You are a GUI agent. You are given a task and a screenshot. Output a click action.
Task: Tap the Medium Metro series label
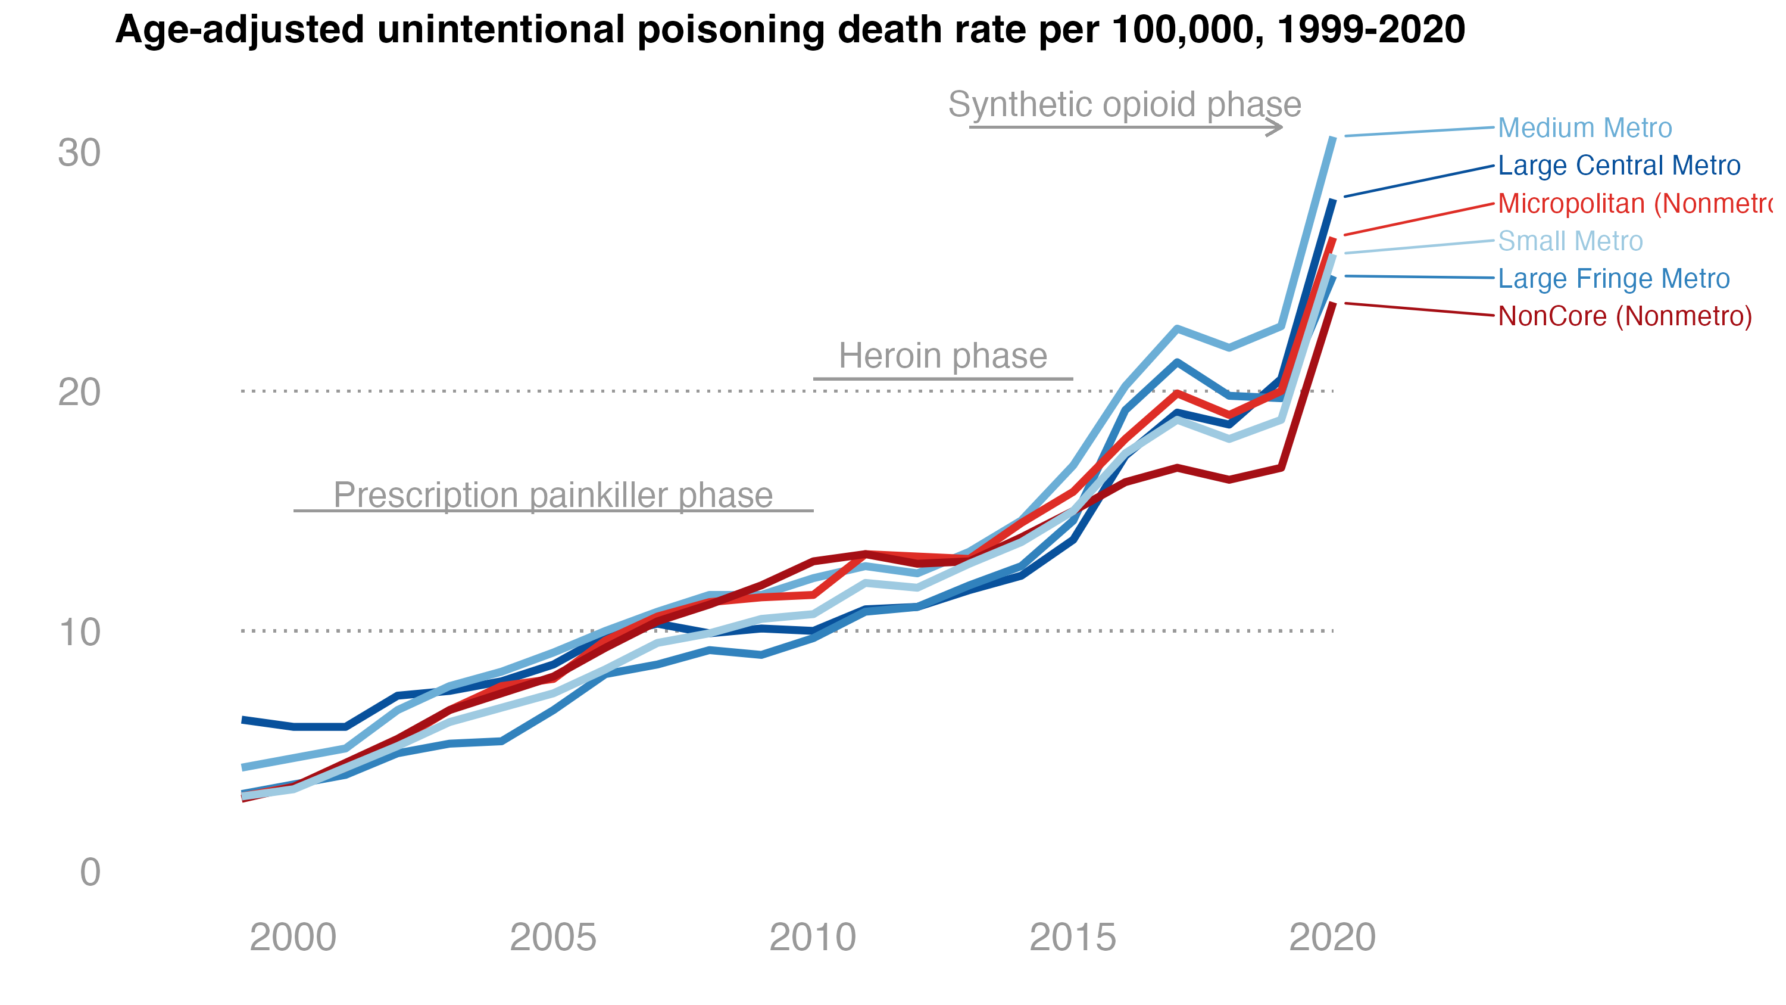[x=1585, y=128]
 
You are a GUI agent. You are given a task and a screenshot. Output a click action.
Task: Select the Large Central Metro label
[x=1619, y=166]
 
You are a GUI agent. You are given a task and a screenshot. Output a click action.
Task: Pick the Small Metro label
[x=1570, y=241]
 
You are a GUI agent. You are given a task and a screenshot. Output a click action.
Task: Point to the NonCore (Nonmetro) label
[x=1625, y=317]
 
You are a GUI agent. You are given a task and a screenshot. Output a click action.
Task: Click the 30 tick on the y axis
[x=79, y=153]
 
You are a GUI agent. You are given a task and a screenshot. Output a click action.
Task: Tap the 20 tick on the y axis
[x=79, y=393]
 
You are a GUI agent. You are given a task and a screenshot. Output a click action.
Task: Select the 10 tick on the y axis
[x=79, y=633]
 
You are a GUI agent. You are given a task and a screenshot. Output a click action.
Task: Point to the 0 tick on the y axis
[x=90, y=873]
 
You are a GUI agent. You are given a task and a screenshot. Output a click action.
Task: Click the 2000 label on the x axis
[x=293, y=938]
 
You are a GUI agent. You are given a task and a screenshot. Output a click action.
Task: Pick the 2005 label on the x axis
[x=553, y=938]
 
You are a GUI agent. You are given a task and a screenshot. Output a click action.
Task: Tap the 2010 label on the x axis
[x=813, y=938]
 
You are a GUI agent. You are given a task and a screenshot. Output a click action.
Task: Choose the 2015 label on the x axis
[x=1073, y=938]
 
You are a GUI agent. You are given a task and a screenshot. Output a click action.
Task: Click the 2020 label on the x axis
[x=1332, y=938]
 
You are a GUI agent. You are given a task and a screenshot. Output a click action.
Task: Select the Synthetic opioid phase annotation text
[x=1125, y=105]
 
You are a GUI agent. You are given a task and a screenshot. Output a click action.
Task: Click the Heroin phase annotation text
[x=943, y=356]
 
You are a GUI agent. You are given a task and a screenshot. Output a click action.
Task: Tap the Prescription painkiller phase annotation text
[x=553, y=495]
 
